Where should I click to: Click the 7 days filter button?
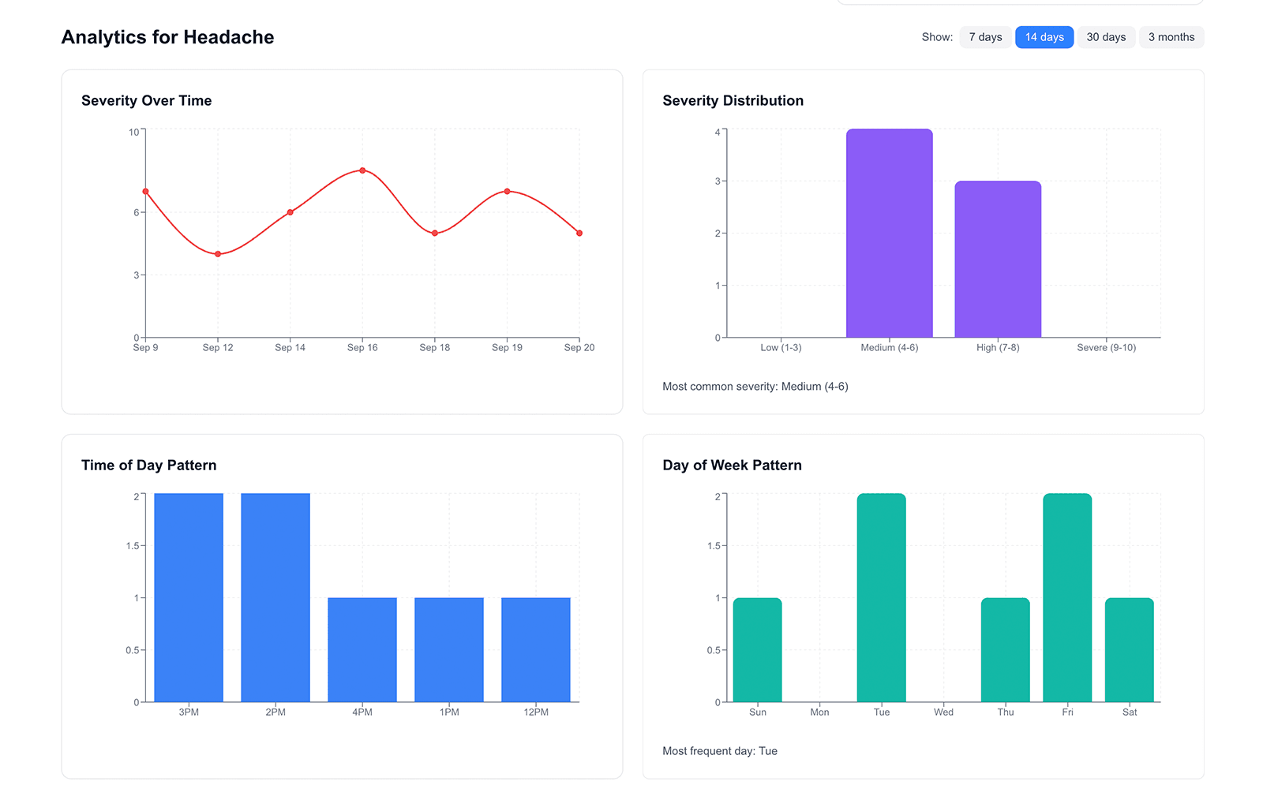pyautogui.click(x=985, y=37)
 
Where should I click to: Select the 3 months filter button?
pyautogui.click(x=1171, y=37)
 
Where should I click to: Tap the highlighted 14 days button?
pyautogui.click(x=1044, y=37)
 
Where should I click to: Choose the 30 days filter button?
pyautogui.click(x=1106, y=37)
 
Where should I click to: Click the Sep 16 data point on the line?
pyautogui.click(x=362, y=170)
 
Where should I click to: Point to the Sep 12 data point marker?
pyautogui.click(x=218, y=254)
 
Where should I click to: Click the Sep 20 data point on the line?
pyautogui.click(x=579, y=234)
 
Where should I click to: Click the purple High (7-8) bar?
pyautogui.click(x=998, y=260)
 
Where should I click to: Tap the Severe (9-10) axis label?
pyautogui.click(x=1106, y=348)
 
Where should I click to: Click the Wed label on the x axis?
pyautogui.click(x=943, y=712)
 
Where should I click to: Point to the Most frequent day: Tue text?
pyautogui.click(x=720, y=751)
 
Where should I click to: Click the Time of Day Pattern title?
pyautogui.click(x=148, y=466)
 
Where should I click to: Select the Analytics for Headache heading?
pyautogui.click(x=167, y=37)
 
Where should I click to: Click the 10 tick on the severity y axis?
pyautogui.click(x=133, y=133)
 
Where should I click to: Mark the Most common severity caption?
pyautogui.click(x=755, y=387)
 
